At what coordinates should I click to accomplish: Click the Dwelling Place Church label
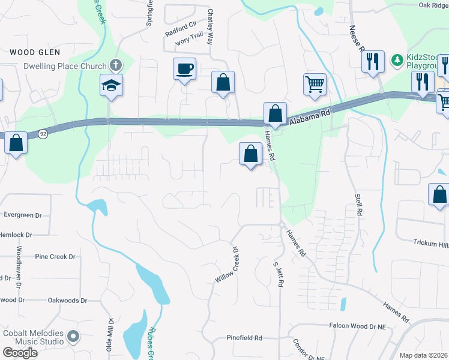pyautogui.click(x=61, y=67)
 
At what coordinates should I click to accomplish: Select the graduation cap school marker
pyautogui.click(x=112, y=85)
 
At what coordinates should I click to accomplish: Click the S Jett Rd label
pyautogui.click(x=278, y=273)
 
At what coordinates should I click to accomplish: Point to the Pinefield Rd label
pyautogui.click(x=245, y=338)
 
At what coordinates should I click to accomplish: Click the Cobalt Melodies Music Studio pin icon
pyautogui.click(x=74, y=336)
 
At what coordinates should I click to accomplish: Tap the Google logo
pyautogui.click(x=20, y=353)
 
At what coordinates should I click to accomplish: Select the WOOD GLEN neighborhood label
pyautogui.click(x=34, y=53)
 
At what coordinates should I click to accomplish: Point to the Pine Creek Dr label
pyautogui.click(x=55, y=257)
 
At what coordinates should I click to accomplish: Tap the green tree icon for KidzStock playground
pyautogui.click(x=397, y=59)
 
